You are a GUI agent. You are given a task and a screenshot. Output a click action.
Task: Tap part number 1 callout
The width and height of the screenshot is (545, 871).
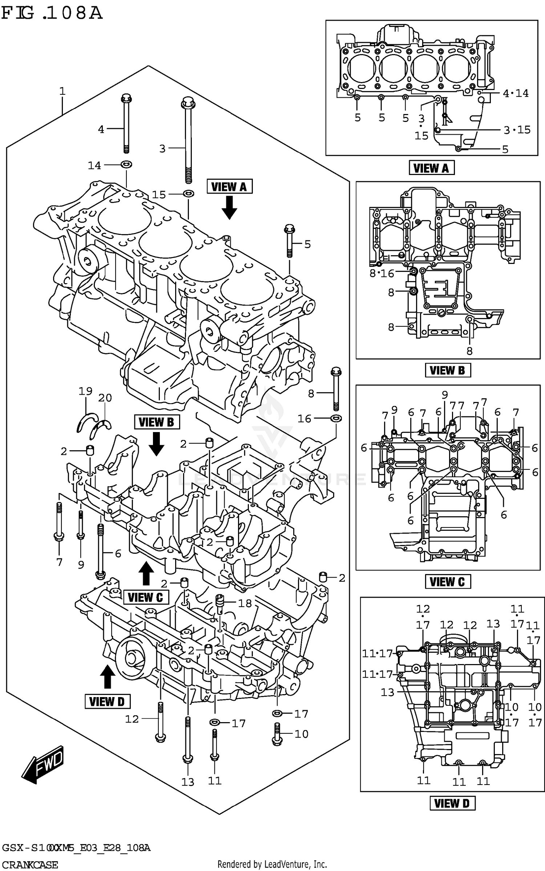tap(62, 91)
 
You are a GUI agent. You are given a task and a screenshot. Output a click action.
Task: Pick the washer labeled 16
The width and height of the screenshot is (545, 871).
tap(336, 418)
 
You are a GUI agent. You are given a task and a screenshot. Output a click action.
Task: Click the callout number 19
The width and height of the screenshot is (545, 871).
tap(85, 391)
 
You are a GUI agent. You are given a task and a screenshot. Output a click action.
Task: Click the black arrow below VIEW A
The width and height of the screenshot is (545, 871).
tap(229, 207)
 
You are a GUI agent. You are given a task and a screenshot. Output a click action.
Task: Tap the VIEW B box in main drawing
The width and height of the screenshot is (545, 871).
tap(157, 422)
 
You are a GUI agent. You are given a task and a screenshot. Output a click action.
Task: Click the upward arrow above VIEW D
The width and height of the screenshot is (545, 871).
tap(107, 676)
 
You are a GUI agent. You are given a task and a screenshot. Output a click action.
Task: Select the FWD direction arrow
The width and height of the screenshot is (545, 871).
tap(44, 764)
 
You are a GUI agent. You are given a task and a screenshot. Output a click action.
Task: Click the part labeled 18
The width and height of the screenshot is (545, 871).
tap(219, 603)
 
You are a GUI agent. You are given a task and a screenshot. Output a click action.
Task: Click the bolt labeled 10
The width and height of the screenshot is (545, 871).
tap(277, 733)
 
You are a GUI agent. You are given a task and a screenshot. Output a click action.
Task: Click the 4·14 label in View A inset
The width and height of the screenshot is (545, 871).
tap(516, 93)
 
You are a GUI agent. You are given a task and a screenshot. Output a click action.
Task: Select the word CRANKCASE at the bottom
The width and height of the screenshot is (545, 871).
tap(30, 864)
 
